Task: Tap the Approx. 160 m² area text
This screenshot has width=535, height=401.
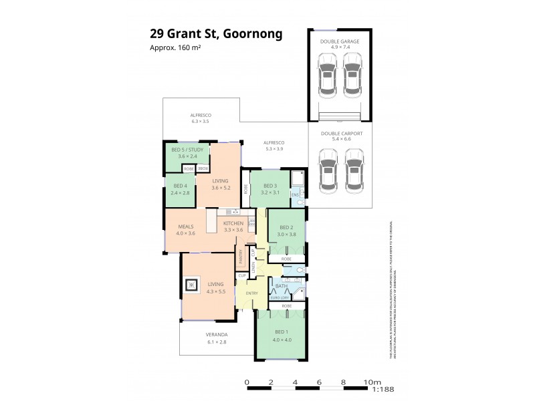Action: (x=175, y=47)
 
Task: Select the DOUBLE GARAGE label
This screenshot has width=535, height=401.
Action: (x=339, y=41)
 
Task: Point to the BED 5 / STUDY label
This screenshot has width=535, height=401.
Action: (x=188, y=150)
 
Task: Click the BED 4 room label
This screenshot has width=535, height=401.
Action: (x=180, y=186)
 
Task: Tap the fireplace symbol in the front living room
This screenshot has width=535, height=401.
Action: (x=192, y=286)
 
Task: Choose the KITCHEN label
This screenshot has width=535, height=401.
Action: (x=233, y=223)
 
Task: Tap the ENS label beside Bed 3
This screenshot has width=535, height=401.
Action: (x=295, y=194)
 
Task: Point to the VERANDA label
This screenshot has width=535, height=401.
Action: (x=217, y=334)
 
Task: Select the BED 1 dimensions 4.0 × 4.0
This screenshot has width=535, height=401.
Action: (x=281, y=340)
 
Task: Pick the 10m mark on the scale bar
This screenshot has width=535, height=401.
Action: (x=367, y=382)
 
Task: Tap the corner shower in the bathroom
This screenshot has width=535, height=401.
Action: (x=299, y=293)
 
